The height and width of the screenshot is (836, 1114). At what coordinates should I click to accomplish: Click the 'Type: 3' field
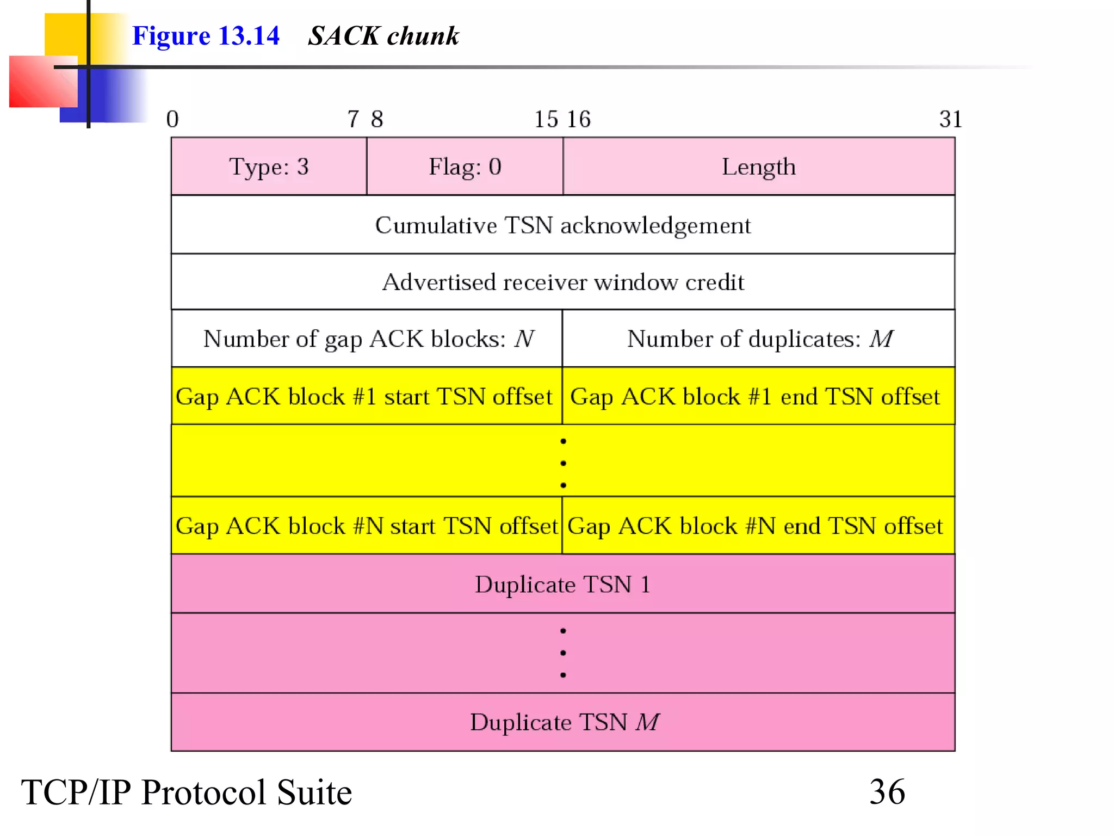tap(269, 167)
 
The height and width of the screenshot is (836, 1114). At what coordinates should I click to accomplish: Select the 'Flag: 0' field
tap(465, 167)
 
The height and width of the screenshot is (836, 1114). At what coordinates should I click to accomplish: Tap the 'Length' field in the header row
tap(758, 167)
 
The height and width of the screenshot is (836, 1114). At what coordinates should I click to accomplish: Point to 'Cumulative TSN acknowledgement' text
tap(562, 225)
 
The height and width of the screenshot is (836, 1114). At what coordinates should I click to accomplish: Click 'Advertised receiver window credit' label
tap(562, 282)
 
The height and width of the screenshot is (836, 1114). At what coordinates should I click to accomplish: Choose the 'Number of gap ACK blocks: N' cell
tap(368, 339)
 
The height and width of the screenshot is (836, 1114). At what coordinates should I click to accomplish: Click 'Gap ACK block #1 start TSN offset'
tap(364, 397)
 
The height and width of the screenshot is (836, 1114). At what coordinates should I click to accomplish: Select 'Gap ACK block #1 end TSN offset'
tap(755, 397)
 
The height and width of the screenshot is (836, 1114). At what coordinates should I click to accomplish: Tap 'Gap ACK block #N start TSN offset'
tap(367, 526)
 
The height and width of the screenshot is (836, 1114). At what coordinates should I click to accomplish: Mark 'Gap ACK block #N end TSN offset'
tap(755, 526)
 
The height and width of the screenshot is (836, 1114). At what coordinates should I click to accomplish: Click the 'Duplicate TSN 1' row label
tap(562, 585)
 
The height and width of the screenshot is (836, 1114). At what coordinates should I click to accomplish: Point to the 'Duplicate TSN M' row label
tap(564, 722)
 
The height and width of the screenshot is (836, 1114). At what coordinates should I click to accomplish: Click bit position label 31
tap(950, 119)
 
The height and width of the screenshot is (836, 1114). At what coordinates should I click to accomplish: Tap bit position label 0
tap(172, 119)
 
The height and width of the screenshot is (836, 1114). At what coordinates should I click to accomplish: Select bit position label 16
tap(579, 119)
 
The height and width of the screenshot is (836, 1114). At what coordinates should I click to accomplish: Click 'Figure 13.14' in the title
tap(206, 36)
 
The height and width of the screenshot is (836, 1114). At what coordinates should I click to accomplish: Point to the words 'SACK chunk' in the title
tap(383, 36)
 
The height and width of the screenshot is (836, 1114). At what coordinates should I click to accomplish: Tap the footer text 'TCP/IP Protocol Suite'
tap(187, 792)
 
